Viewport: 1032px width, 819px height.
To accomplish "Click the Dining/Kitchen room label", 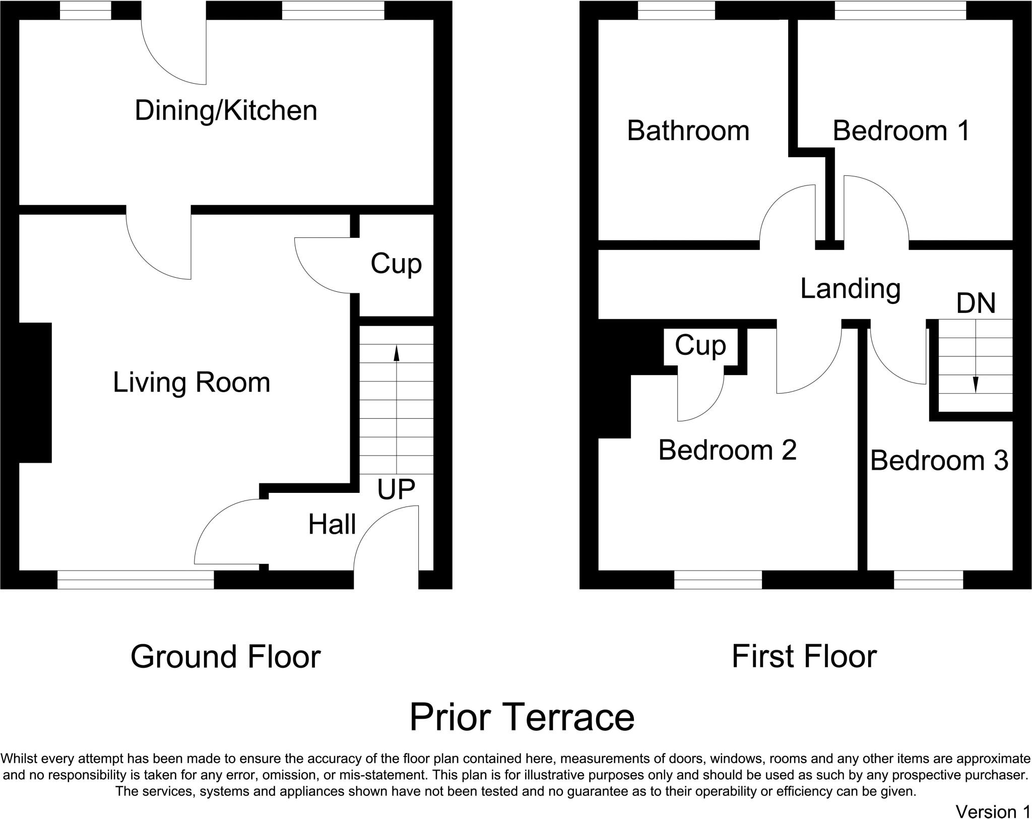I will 226,111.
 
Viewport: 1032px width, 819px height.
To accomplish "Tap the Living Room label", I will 191,382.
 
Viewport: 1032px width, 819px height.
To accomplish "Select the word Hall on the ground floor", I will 332,524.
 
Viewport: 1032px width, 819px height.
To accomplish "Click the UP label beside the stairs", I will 396,489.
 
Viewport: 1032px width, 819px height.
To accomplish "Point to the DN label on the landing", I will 976,303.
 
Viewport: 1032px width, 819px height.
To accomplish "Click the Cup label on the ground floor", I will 396,264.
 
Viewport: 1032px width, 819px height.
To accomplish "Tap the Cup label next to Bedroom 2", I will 700,346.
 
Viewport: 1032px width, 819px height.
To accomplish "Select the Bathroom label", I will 688,131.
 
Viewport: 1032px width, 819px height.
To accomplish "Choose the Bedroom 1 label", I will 901,131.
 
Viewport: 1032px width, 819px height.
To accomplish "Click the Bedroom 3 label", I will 939,460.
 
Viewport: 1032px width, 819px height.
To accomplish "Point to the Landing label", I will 851,289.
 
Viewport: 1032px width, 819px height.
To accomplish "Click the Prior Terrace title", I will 522,717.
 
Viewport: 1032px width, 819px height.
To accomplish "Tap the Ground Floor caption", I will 225,657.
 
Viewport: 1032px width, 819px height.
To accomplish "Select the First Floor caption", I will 804,657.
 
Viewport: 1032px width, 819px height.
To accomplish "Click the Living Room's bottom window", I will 136,580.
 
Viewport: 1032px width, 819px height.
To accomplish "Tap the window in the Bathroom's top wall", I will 677,10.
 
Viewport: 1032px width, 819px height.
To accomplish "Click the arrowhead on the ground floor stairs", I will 397,353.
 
